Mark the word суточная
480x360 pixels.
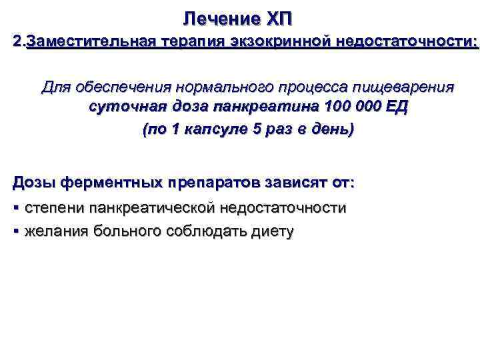pyautogui.click(x=123, y=107)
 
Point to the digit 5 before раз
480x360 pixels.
pyautogui.click(x=258, y=129)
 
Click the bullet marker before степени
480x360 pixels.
pyautogui.click(x=17, y=208)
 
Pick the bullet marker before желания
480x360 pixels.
pyautogui.click(x=17, y=231)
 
